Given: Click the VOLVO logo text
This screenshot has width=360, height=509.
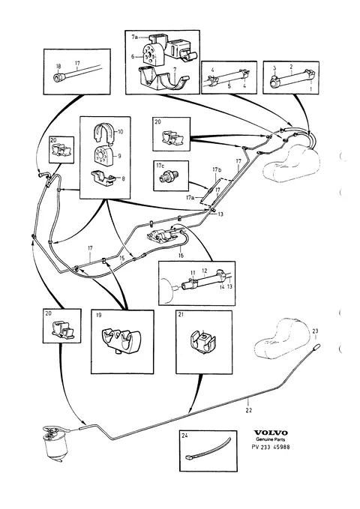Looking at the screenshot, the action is click(x=271, y=433).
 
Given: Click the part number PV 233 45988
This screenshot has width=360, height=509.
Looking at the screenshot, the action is click(x=271, y=447).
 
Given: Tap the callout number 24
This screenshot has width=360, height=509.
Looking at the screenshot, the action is click(x=184, y=436).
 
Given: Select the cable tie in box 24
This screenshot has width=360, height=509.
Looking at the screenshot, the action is click(x=208, y=449).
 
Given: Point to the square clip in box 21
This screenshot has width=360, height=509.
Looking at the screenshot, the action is click(x=202, y=342).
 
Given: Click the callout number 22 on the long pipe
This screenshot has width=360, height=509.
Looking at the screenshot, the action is click(x=248, y=410).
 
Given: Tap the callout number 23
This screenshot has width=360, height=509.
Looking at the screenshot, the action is click(x=315, y=331).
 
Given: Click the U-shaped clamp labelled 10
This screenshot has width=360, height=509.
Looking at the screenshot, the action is click(x=104, y=133).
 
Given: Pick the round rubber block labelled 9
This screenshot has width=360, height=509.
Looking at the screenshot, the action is click(x=103, y=155).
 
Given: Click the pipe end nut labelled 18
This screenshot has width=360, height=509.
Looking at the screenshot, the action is click(x=59, y=76).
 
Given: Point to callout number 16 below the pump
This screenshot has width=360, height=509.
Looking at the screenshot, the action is click(x=181, y=256).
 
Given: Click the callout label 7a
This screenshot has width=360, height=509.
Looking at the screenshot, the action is click(x=134, y=37).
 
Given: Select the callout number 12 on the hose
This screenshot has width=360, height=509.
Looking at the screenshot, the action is click(x=204, y=271).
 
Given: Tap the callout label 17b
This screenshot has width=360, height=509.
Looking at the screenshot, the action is click(x=217, y=169).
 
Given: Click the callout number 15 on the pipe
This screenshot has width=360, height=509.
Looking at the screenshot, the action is click(x=121, y=259).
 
